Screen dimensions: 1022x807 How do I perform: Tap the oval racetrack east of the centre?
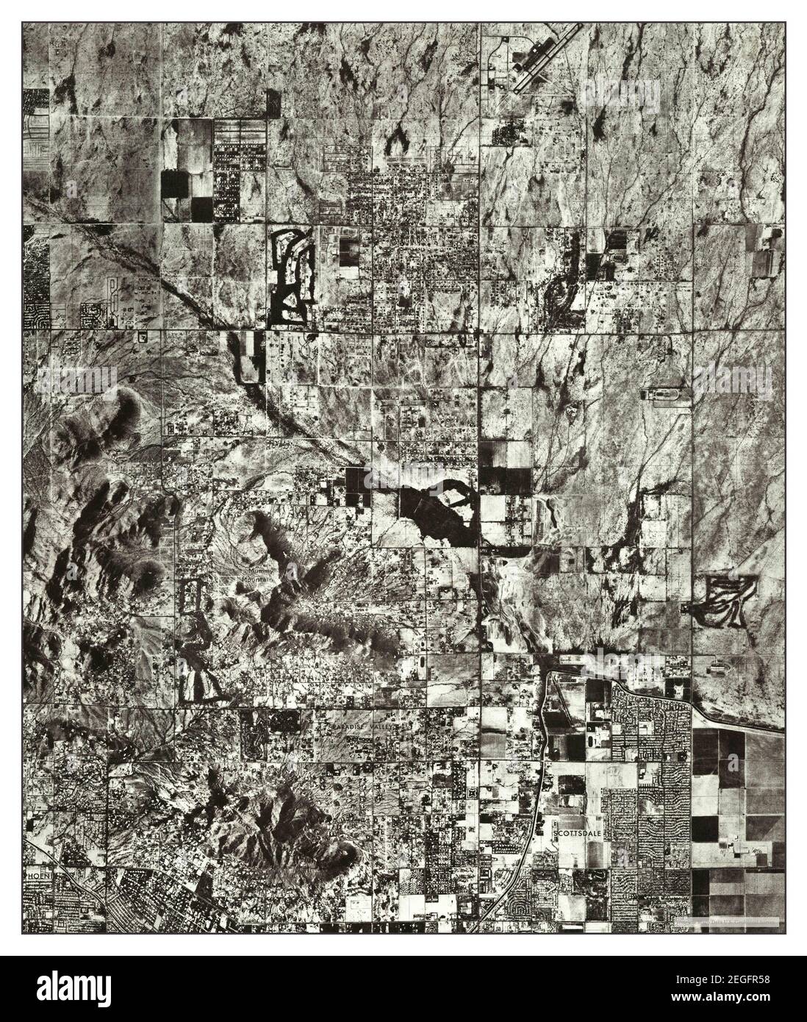(667, 395)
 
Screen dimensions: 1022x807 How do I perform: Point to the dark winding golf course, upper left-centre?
(293, 276)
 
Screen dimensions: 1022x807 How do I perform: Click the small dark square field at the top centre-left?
(273, 101)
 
